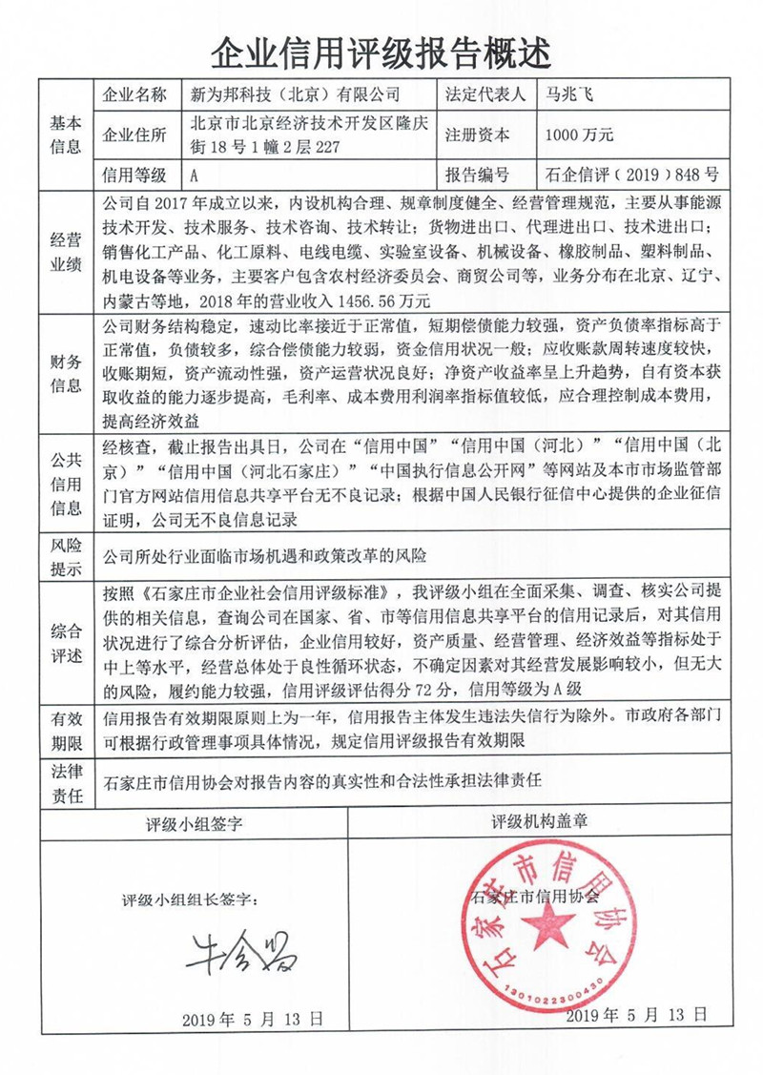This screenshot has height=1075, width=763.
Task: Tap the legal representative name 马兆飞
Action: pyautogui.click(x=570, y=94)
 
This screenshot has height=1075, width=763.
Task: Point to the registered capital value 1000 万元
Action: pyautogui.click(x=579, y=134)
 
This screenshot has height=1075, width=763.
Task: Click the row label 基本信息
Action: pyautogui.click(x=66, y=134)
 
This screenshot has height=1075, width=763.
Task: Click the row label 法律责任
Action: pyautogui.click(x=66, y=780)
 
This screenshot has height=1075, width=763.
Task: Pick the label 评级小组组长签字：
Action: pyautogui.click(x=190, y=899)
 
